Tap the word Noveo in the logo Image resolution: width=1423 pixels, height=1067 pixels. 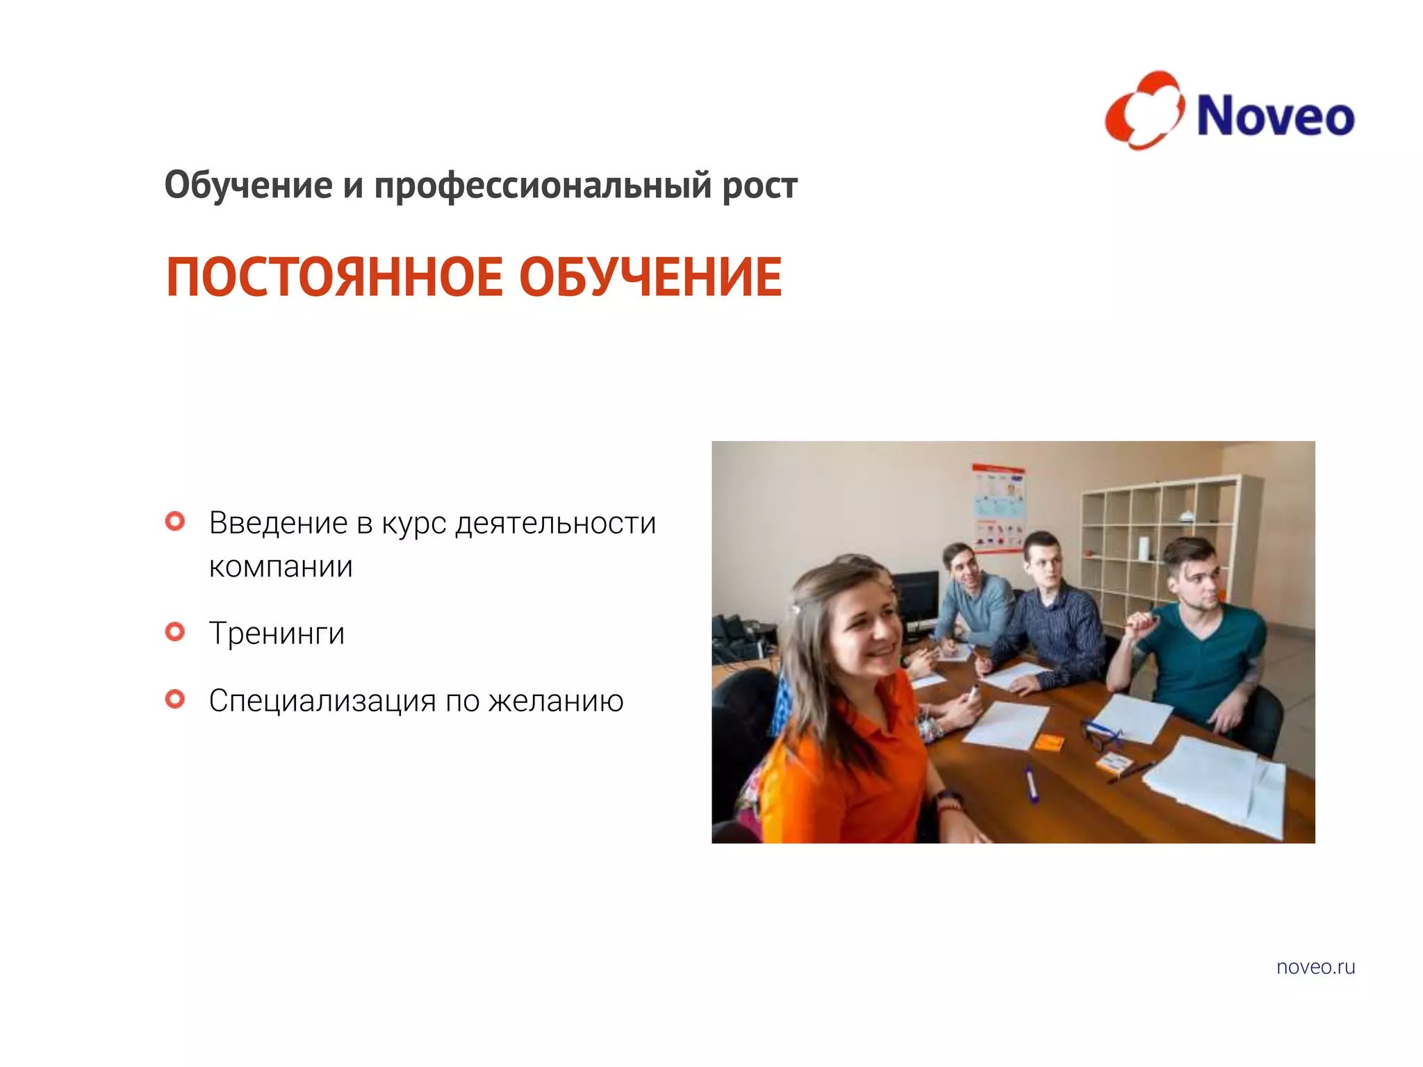(1276, 116)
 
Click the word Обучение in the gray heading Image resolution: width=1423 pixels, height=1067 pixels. (248, 185)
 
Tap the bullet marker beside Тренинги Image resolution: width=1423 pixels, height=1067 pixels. (175, 631)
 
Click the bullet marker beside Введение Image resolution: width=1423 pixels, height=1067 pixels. (175, 521)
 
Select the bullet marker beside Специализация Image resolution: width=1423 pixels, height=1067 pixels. (175, 699)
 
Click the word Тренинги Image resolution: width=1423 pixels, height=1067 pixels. (277, 634)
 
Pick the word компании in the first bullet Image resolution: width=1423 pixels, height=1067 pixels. (281, 567)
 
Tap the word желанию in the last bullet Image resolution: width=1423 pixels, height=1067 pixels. (556, 701)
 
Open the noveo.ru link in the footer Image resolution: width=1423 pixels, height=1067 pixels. (1315, 967)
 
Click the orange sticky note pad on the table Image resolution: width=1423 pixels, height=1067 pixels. (1048, 743)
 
